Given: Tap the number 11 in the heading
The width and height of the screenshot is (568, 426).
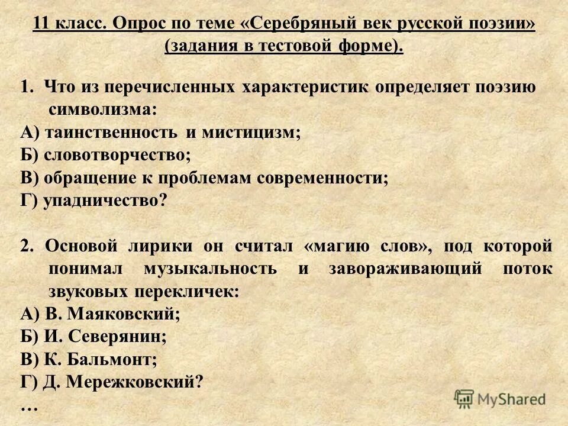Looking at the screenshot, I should click(x=41, y=24).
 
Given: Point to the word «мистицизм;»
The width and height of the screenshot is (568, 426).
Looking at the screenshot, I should click(x=252, y=133).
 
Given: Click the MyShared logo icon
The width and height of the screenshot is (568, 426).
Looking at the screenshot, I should click(x=464, y=399).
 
